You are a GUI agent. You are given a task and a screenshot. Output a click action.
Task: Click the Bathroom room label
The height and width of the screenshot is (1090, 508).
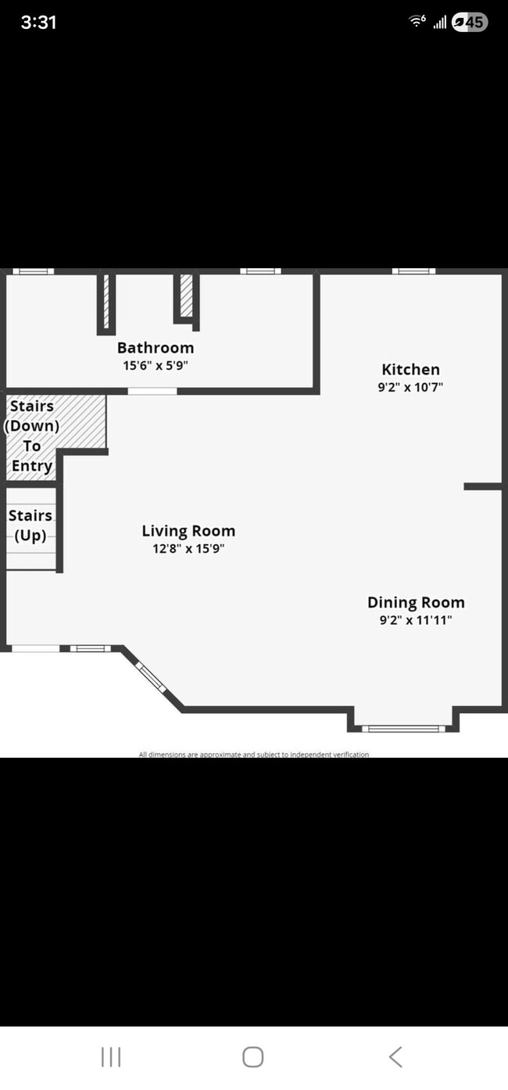point(156,348)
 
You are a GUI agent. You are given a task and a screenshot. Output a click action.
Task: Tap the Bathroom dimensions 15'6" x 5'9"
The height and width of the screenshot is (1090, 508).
point(156,365)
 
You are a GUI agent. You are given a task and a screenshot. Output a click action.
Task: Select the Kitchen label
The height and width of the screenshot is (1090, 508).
point(410,370)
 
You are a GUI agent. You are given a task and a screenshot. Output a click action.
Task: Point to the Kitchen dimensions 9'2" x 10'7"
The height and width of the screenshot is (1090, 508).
point(410,387)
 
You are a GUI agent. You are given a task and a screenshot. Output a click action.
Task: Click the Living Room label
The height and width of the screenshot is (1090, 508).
point(189,531)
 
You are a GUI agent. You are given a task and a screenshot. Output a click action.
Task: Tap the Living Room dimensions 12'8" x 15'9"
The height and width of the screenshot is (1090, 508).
point(189,549)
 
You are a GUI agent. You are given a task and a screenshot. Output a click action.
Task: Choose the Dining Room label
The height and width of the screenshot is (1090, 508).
point(416,602)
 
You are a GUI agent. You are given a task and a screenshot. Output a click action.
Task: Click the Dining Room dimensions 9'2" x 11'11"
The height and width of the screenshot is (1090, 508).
point(416,620)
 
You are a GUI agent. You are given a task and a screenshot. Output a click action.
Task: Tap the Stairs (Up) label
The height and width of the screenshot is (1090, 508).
point(30,525)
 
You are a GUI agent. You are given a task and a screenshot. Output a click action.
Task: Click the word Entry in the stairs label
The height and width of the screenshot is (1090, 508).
point(32,466)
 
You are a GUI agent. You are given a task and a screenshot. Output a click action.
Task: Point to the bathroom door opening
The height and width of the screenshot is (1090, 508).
point(152,391)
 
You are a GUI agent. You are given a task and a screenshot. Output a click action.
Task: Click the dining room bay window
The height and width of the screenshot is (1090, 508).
point(403,729)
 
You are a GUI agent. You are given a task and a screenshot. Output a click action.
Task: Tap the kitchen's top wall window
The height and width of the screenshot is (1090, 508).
point(414,271)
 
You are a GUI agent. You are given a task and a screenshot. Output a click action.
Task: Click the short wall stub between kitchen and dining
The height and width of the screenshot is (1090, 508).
point(483,486)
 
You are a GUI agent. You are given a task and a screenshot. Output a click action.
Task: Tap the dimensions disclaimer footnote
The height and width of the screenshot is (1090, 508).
point(254,755)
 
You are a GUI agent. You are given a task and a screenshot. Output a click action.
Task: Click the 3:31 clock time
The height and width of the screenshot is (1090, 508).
point(38,23)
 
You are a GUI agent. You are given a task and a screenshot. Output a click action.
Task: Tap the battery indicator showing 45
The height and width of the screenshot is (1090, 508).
point(470,22)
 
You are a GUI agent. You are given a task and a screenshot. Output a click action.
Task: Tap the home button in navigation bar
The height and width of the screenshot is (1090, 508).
point(253,1057)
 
